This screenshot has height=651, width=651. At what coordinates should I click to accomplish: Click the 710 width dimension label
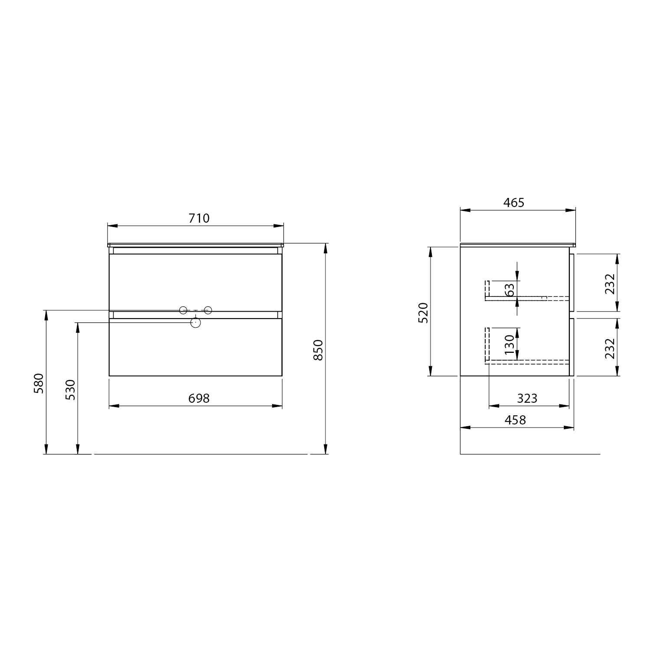(x=199, y=218)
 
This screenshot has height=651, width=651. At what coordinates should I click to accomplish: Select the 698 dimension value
(x=199, y=398)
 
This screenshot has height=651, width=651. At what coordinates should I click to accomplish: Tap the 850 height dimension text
(x=318, y=350)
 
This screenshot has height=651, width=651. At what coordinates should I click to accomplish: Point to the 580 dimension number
(x=39, y=383)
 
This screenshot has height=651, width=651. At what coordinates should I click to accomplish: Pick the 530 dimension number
(x=70, y=390)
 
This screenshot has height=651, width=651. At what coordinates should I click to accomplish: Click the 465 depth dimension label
(x=514, y=203)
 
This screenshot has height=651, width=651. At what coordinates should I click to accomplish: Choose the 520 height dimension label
(x=423, y=312)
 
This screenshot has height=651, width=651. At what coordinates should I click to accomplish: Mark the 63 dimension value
(x=510, y=289)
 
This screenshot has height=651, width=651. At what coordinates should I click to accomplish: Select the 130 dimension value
(x=510, y=345)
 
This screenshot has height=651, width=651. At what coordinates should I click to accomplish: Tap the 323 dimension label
(x=527, y=398)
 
